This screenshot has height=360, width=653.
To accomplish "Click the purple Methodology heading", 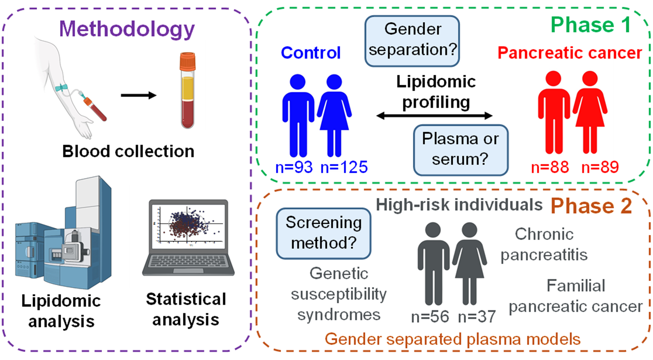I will pyautogui.click(x=127, y=29).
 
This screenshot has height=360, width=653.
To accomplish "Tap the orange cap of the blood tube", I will pyautogui.click(x=188, y=60).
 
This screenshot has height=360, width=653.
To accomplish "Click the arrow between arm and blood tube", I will pyautogui.click(x=139, y=95).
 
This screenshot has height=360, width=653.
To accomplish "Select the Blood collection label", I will pyautogui.click(x=128, y=151).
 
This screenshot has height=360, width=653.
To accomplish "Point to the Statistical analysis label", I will pyautogui.click(x=186, y=309).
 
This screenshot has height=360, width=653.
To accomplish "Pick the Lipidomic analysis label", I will pyautogui.click(x=61, y=311).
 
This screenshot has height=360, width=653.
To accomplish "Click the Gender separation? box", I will pyautogui.click(x=412, y=40).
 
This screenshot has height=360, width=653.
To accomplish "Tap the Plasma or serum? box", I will pyautogui.click(x=461, y=149).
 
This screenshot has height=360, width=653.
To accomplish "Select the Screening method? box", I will pyautogui.click(x=324, y=233).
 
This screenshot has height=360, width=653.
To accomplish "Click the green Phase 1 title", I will pyautogui.click(x=590, y=25).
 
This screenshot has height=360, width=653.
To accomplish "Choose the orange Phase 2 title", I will pyautogui.click(x=591, y=206).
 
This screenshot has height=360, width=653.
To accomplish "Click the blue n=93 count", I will pyautogui.click(x=294, y=167).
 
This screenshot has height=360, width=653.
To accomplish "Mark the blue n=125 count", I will pyautogui.click(x=344, y=167).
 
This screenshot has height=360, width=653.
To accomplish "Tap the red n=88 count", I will pyautogui.click(x=550, y=167).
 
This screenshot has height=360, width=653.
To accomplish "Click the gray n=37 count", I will pyautogui.click(x=477, y=316).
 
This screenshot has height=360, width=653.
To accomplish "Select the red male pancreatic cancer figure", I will pyautogui.click(x=553, y=111).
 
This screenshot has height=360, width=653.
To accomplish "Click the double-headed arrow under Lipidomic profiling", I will pyautogui.click(x=434, y=116).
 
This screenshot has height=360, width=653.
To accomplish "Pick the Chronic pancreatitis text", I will pyautogui.click(x=544, y=244).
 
